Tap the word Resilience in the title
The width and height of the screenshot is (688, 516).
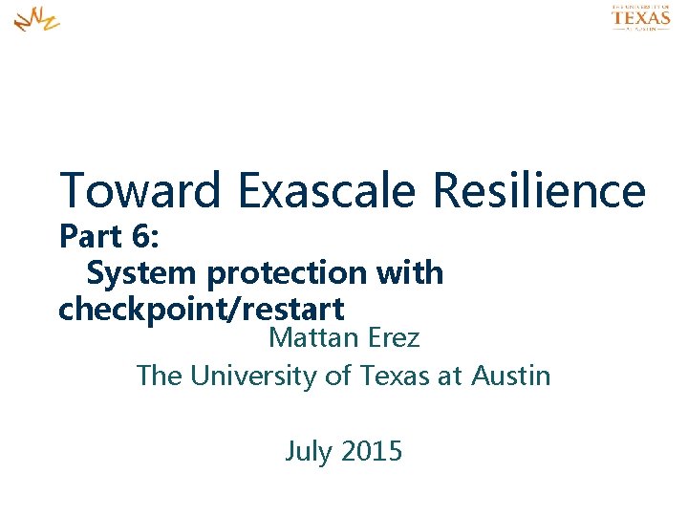click(x=540, y=189)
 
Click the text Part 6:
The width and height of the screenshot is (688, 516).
click(x=107, y=236)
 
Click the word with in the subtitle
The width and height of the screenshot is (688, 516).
click(x=411, y=273)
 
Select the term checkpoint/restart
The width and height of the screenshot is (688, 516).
click(x=201, y=310)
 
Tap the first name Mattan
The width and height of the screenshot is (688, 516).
click(x=313, y=338)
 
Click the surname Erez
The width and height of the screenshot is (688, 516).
click(x=393, y=338)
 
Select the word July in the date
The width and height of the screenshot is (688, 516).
click(x=307, y=450)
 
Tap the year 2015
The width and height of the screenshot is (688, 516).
click(x=370, y=450)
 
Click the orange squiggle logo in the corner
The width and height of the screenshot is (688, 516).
click(x=36, y=18)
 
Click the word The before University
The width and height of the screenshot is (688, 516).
click(x=160, y=376)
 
